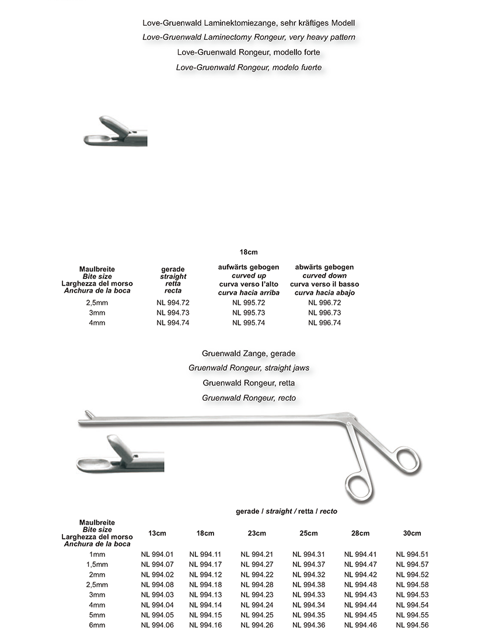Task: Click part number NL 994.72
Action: pyautogui.click(x=173, y=303)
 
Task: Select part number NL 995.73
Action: pyautogui.click(x=249, y=313)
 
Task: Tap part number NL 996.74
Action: pyautogui.click(x=324, y=323)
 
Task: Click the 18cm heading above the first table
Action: pyautogui.click(x=249, y=252)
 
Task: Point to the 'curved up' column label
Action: pyautogui.click(x=249, y=275)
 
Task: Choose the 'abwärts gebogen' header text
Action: pyautogui.click(x=324, y=267)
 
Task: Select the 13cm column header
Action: pyautogui.click(x=158, y=533)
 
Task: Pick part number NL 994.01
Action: pyautogui.click(x=158, y=554)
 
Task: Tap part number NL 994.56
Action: pyautogui.click(x=412, y=625)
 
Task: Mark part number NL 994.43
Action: pyautogui.click(x=360, y=594)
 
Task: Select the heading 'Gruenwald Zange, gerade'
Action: pyautogui.click(x=249, y=354)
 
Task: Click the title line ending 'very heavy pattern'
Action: pyautogui.click(x=249, y=37)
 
